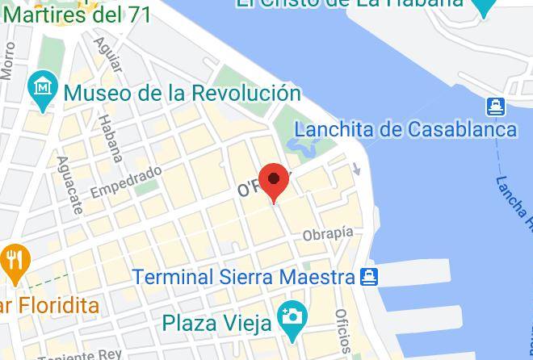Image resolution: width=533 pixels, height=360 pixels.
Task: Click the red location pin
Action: click(x=274, y=179)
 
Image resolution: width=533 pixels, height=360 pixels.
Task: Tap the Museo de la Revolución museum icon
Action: click(x=42, y=91)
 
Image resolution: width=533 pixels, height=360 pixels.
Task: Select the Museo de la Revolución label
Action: click(x=182, y=93)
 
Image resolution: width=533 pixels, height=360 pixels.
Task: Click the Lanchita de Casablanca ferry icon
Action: click(x=495, y=106)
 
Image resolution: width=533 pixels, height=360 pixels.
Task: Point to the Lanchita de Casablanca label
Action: click(x=405, y=129)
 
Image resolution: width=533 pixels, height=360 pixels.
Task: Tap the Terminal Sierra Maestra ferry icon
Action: click(x=368, y=278)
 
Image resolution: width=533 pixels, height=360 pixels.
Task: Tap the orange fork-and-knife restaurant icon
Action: click(x=15, y=262)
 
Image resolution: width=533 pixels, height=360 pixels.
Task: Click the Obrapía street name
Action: click(x=328, y=234)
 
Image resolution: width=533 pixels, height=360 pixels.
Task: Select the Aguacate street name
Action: click(x=69, y=185)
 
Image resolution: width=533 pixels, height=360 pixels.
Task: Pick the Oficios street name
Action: click(x=342, y=331)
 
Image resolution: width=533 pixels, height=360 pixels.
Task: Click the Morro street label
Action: click(x=8, y=61)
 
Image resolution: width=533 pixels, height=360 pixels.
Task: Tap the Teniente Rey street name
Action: click(x=81, y=355)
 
